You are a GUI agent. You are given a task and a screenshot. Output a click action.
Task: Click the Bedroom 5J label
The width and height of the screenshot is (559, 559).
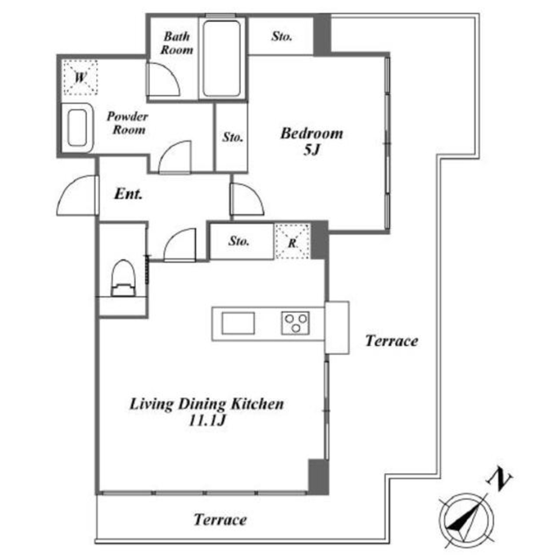click(312, 141)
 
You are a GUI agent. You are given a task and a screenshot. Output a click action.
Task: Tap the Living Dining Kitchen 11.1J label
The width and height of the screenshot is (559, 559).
click(206, 412)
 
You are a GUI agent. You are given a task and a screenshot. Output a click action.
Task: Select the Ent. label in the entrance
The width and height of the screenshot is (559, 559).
click(128, 194)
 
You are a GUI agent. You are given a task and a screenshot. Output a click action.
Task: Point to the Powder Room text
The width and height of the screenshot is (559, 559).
click(128, 122)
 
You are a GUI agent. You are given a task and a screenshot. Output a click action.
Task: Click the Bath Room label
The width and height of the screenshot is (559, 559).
click(177, 43)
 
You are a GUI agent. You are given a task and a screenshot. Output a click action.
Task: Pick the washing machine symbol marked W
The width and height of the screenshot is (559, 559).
click(81, 77)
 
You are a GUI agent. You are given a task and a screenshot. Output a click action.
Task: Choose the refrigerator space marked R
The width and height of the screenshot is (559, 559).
click(292, 241)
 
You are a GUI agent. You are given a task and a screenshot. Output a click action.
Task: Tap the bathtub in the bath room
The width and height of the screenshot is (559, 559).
click(222, 59)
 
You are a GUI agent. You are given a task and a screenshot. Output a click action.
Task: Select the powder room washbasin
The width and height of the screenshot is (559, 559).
click(77, 127)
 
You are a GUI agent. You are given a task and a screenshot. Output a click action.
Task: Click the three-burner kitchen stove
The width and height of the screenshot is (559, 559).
click(295, 323)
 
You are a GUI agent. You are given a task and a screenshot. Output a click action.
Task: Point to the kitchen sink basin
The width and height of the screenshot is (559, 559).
click(238, 323)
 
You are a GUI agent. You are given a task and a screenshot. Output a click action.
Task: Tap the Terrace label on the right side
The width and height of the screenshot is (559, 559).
click(391, 341)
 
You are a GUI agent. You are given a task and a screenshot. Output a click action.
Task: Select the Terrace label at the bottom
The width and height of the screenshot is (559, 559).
click(220, 519)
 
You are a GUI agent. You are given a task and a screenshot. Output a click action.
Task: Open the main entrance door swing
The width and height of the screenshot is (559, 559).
click(77, 195)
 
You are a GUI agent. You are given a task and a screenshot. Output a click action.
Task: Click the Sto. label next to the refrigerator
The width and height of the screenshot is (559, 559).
click(239, 241)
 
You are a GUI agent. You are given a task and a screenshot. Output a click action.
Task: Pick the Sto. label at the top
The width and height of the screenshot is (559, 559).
click(281, 36)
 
